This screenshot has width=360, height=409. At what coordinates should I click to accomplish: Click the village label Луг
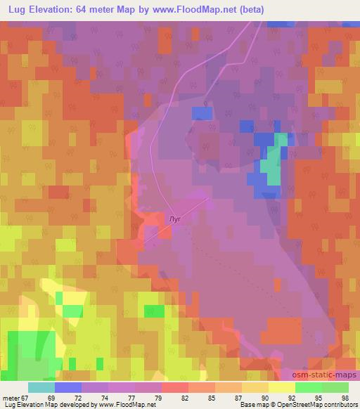(x=176, y=219)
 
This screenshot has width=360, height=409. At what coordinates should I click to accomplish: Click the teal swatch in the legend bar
(x=41, y=387)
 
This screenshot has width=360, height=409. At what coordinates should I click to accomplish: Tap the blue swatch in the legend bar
(x=68, y=387)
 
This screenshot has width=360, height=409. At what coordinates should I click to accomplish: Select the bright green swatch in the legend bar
(x=309, y=387)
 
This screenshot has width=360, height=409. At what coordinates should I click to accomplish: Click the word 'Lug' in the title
(x=19, y=9)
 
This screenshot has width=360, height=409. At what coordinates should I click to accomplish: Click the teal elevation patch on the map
(x=271, y=166)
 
